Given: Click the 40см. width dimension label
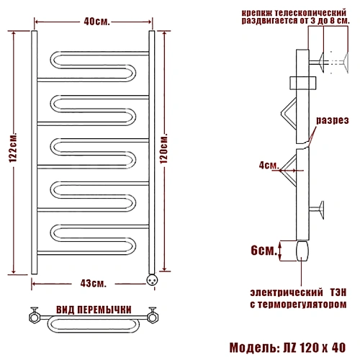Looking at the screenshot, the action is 96,22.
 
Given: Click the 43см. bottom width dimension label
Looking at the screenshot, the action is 93,284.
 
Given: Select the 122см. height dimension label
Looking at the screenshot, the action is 13,147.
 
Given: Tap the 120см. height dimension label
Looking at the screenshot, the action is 163,148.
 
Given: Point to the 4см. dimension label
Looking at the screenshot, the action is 269,165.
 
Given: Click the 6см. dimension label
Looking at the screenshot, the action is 264,251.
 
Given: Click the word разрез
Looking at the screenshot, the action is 333,120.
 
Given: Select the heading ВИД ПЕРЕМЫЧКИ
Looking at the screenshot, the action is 94,310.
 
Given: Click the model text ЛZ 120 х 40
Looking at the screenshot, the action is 315,348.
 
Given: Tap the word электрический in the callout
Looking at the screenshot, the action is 287,292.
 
